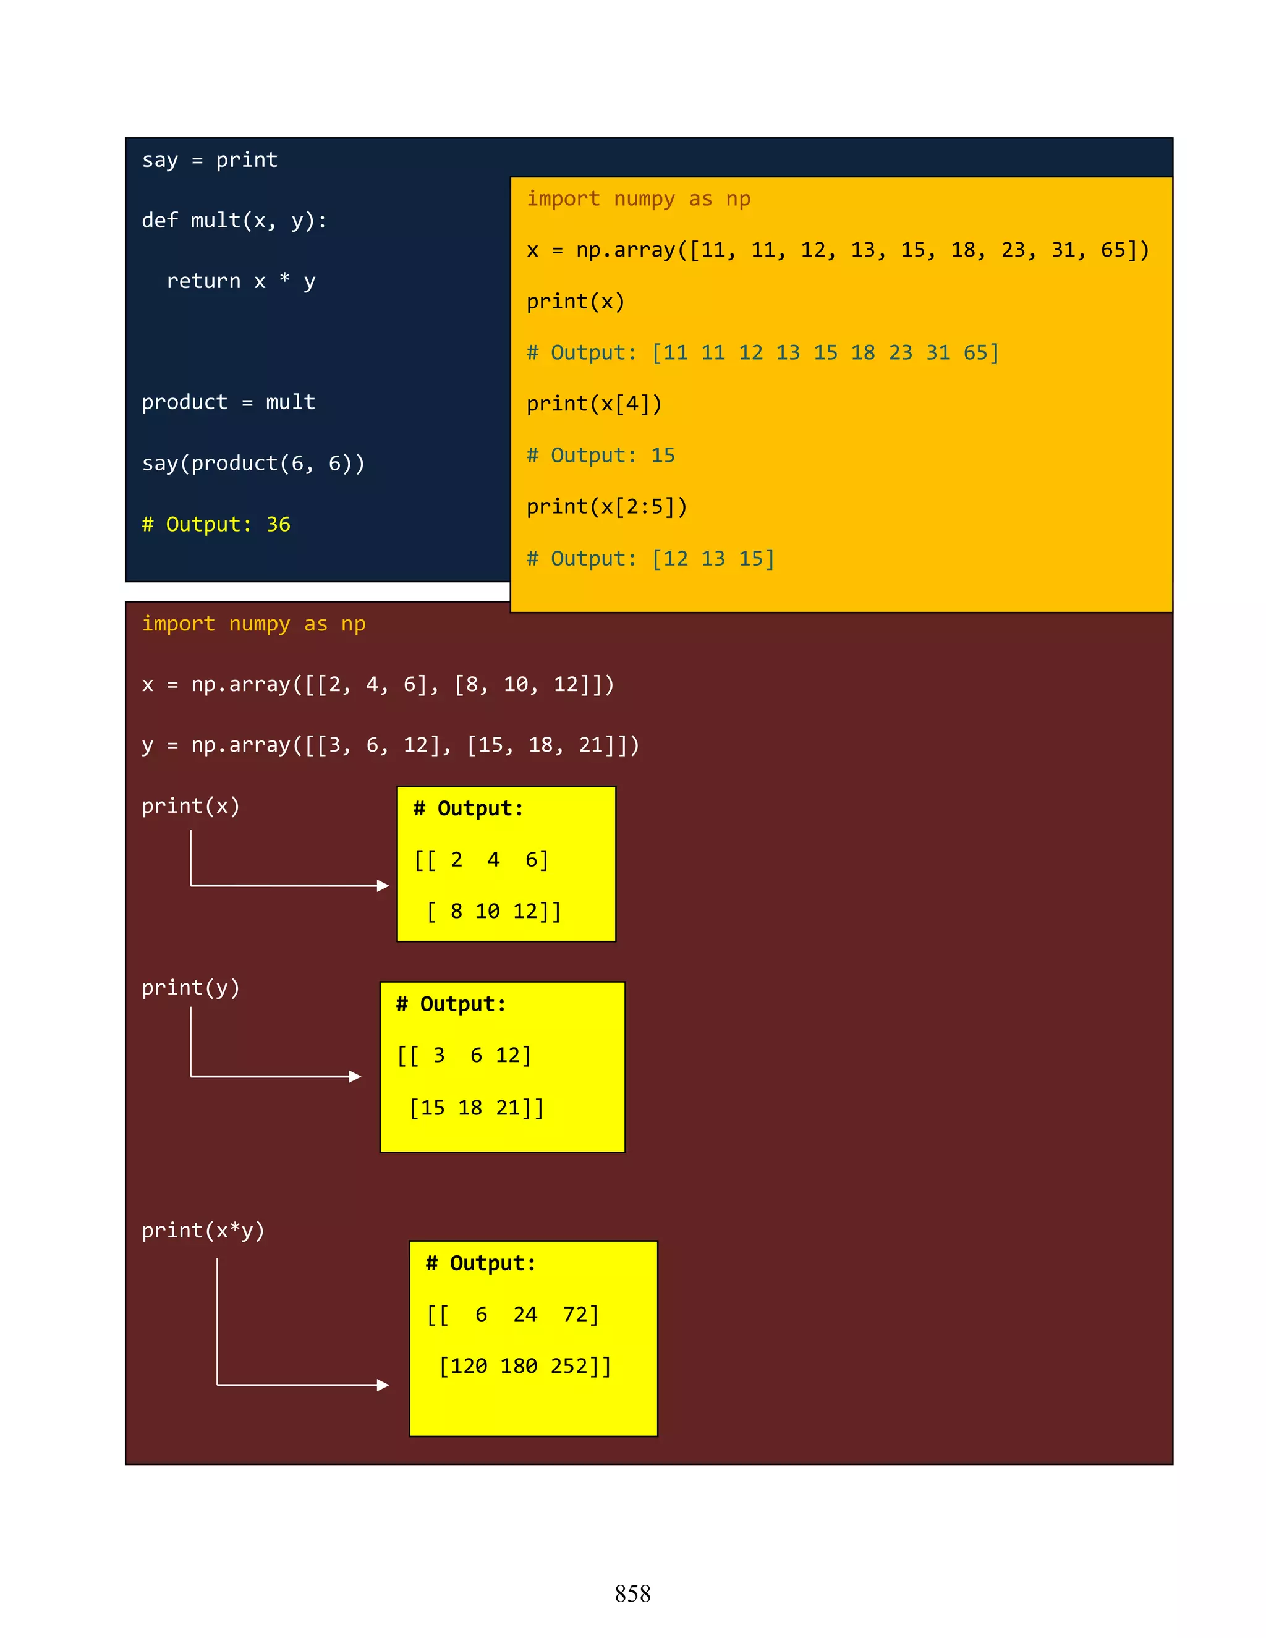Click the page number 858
(632, 1593)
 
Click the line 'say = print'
(210, 159)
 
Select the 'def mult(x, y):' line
(234, 221)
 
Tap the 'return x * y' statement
(240, 281)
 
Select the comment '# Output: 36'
(216, 524)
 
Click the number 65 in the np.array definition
(1112, 250)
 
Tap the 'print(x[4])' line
(594, 404)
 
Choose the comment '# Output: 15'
(601, 456)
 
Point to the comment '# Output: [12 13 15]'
(650, 559)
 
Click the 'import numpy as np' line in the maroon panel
(253, 624)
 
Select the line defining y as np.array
(390, 745)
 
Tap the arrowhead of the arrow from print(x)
(383, 886)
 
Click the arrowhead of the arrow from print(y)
(355, 1076)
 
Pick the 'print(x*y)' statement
(203, 1231)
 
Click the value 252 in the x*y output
(569, 1366)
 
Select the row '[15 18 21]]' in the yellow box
(477, 1108)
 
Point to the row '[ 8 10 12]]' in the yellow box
(495, 911)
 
